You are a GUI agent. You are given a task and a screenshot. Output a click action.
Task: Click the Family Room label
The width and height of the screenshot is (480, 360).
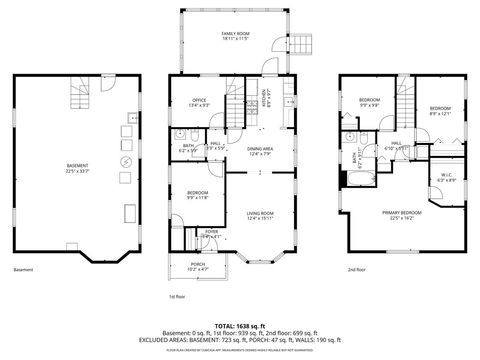234,36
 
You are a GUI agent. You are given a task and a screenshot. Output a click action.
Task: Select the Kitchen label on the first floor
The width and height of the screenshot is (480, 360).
266,98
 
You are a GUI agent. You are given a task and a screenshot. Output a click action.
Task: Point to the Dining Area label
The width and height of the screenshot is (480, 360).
260,151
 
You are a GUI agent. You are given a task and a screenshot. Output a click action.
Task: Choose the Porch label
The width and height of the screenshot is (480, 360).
198,267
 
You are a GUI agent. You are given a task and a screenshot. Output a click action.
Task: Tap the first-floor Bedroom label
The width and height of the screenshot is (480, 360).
197,196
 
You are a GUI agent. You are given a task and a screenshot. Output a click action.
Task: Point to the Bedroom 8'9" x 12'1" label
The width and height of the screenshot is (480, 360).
441,110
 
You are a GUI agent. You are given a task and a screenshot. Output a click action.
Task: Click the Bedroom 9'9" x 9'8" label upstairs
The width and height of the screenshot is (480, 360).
370,103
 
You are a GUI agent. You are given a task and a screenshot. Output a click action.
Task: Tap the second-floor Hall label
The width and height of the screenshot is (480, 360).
397,145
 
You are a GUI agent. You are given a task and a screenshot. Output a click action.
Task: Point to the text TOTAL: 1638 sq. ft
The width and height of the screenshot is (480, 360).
239,326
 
